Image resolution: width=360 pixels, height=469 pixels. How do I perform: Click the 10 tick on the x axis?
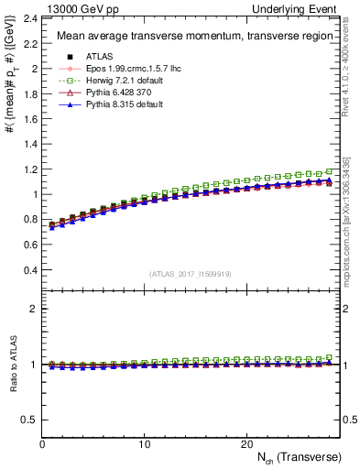pyautogui.click(x=144, y=444)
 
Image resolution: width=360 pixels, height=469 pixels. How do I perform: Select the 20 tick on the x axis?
pyautogui.click(x=246, y=444)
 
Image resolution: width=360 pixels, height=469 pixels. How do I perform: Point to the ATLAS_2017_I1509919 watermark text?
pyautogui.click(x=191, y=272)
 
